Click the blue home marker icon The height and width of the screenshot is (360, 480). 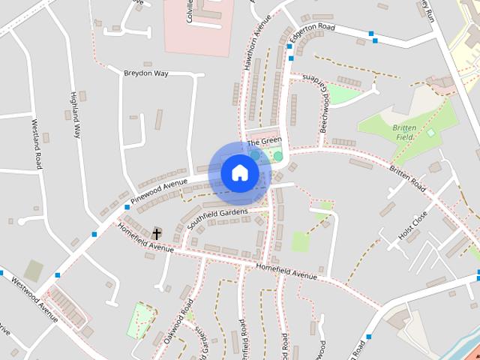[x=239, y=172]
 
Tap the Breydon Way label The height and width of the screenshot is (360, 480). [x=147, y=72]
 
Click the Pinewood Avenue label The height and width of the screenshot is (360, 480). [x=158, y=192]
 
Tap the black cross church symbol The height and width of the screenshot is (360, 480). [x=157, y=234]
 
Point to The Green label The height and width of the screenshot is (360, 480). [x=263, y=141]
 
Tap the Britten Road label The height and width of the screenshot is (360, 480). [x=407, y=177]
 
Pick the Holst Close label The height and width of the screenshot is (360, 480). [x=413, y=226]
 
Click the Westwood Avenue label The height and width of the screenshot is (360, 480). [x=34, y=298]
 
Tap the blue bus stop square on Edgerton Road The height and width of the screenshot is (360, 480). [x=371, y=34]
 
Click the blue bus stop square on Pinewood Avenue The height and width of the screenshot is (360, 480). [x=127, y=207]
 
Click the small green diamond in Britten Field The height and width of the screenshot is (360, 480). [x=430, y=133]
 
